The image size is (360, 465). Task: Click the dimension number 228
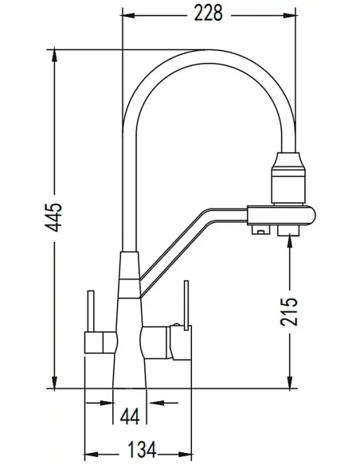[x=208, y=14]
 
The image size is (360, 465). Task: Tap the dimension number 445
[x=53, y=217]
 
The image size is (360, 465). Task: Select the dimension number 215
[x=289, y=311]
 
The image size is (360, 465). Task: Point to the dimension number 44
[x=130, y=417]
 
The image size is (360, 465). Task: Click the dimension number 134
[x=142, y=450]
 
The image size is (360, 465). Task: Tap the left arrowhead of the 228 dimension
[x=129, y=15]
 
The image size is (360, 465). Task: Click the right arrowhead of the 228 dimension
[x=289, y=15]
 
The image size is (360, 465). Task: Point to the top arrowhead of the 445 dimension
[x=54, y=55]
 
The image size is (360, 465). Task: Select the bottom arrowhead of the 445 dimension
[x=54, y=381]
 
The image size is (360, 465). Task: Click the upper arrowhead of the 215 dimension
[x=289, y=240]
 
